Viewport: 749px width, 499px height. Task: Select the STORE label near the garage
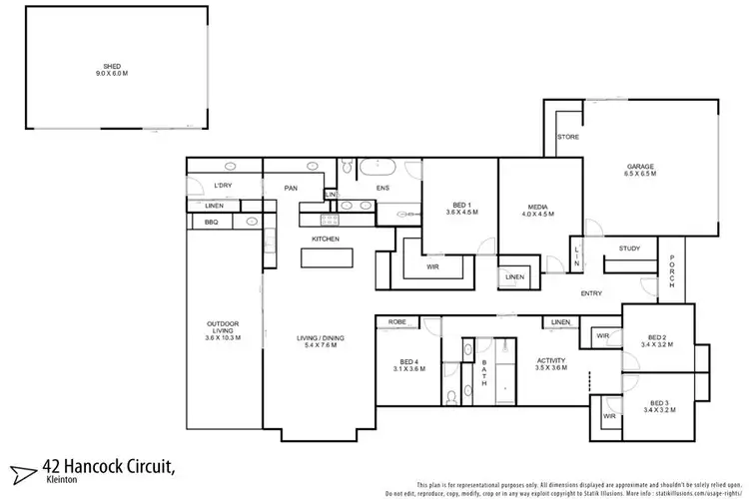[568, 137]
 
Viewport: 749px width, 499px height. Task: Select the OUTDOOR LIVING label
[224, 326]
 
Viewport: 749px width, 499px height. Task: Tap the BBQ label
[211, 222]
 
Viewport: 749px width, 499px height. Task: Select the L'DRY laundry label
[223, 186]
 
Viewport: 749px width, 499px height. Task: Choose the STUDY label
[629, 249]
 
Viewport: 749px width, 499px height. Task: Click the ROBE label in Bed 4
[396, 322]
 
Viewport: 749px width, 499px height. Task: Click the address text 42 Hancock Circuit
[110, 466]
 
